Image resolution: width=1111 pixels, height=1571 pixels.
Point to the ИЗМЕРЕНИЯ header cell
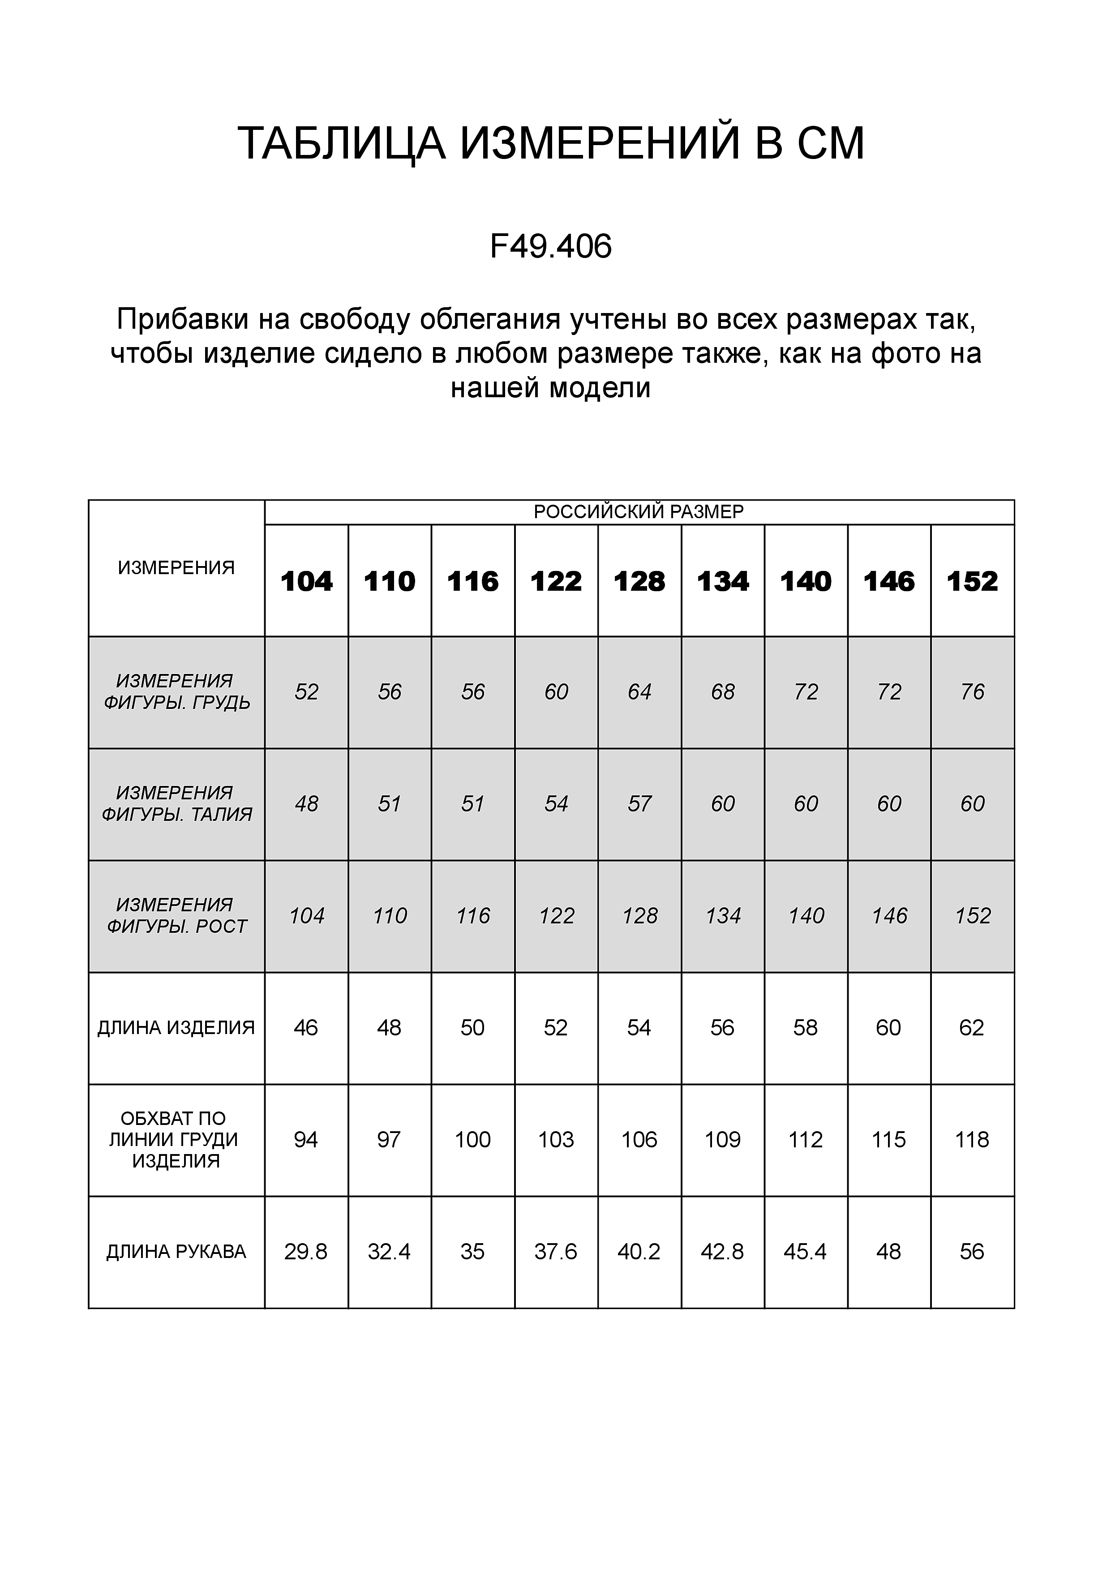(x=176, y=567)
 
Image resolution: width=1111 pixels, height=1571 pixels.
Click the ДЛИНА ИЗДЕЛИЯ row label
(x=176, y=1028)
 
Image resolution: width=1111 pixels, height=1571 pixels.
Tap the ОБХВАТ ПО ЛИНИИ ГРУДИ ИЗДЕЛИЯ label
(x=176, y=1139)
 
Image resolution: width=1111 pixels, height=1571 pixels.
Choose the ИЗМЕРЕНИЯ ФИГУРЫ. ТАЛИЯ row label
(x=176, y=803)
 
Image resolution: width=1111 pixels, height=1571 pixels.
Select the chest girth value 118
(x=972, y=1139)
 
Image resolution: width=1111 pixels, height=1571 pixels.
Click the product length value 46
(x=306, y=1028)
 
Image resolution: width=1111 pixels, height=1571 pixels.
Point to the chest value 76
(x=972, y=692)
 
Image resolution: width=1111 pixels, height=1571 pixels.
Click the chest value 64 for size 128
(x=639, y=692)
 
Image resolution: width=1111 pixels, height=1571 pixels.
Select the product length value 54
(x=639, y=1028)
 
